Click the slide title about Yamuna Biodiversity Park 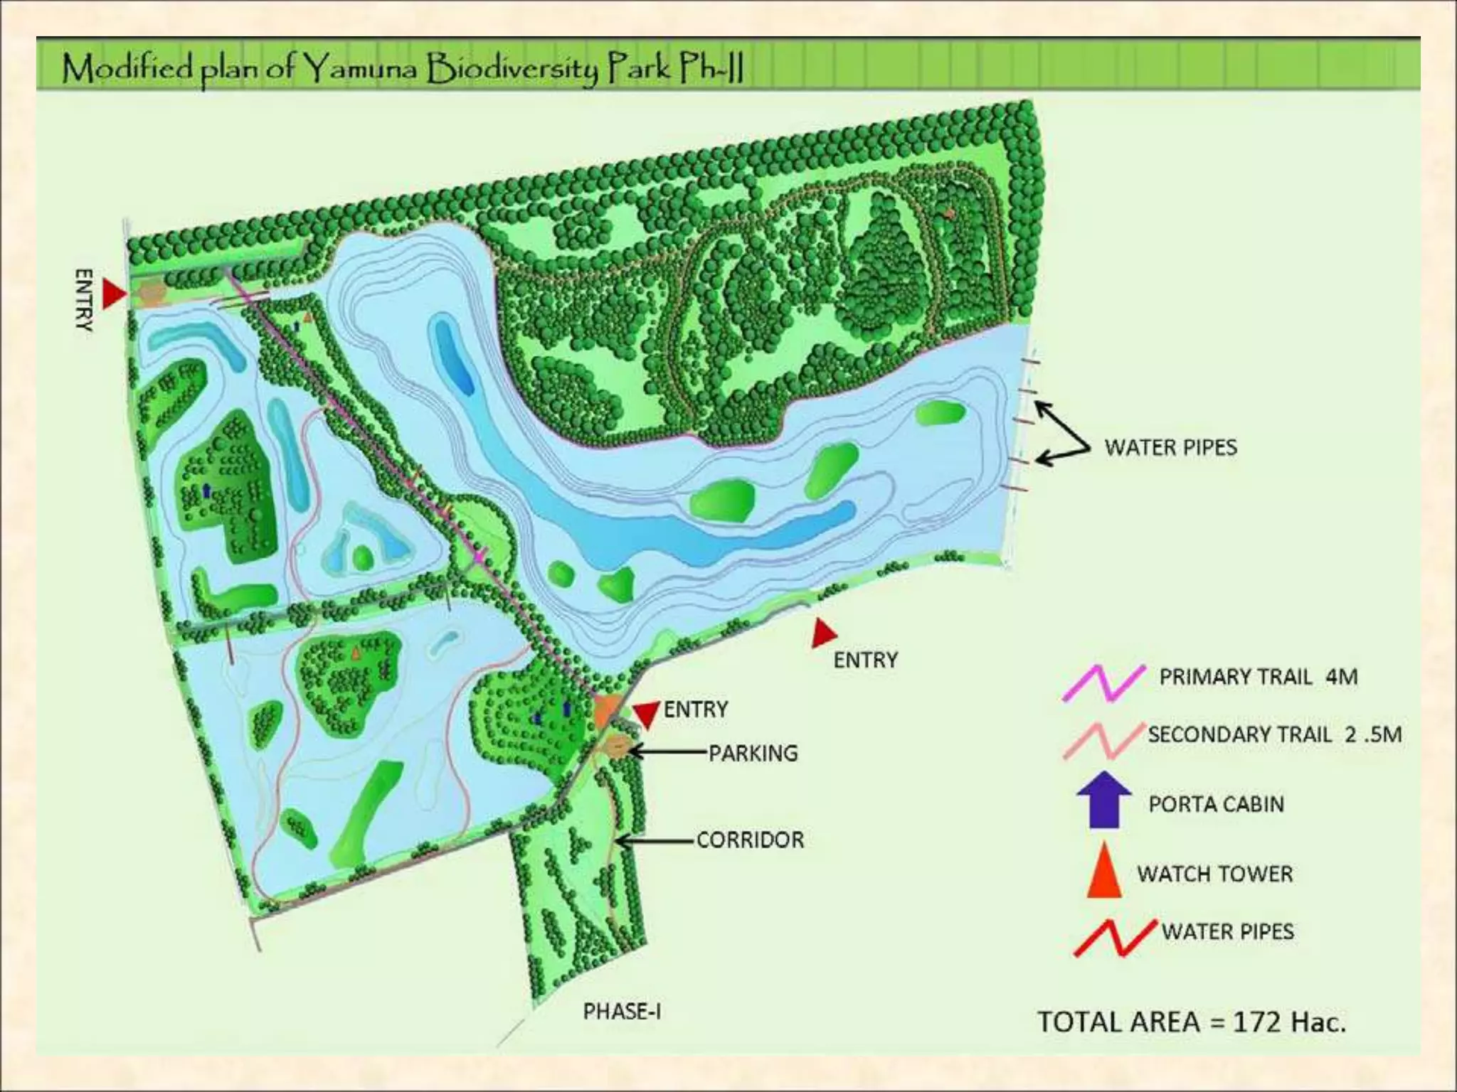pos(402,69)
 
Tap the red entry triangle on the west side pos(113,294)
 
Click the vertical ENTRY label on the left pos(84,299)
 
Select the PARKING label pos(753,753)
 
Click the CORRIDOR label pos(750,840)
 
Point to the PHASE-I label pos(622,1011)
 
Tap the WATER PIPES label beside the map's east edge pos(1170,447)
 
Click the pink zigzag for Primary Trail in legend pos(1103,683)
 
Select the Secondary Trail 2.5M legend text pos(1274,734)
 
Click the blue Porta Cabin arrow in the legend pos(1103,800)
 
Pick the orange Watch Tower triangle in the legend pos(1104,871)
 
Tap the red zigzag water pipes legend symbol pos(1115,938)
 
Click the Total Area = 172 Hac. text pos(1192,1022)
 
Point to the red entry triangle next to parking pos(646,714)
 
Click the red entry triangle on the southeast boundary pos(823,633)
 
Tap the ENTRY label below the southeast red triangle pos(865,660)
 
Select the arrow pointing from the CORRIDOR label pos(655,841)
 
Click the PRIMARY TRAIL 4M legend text pos(1258,676)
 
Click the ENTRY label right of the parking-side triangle pos(696,709)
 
